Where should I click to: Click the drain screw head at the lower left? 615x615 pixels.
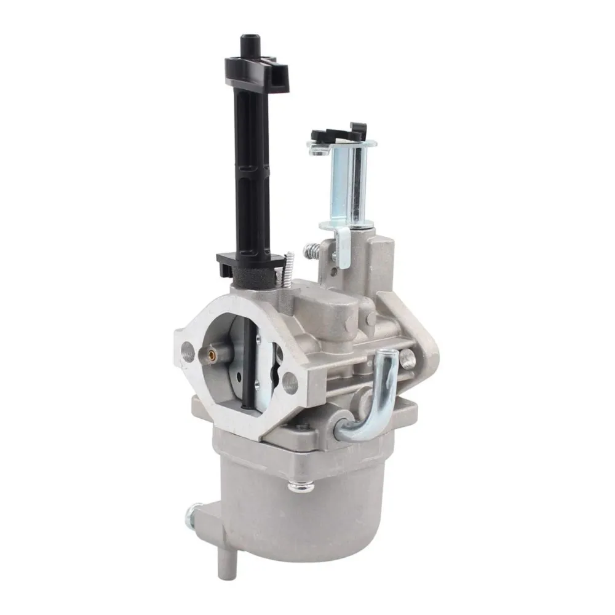point(196,510)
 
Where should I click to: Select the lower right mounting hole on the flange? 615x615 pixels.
point(290,383)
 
